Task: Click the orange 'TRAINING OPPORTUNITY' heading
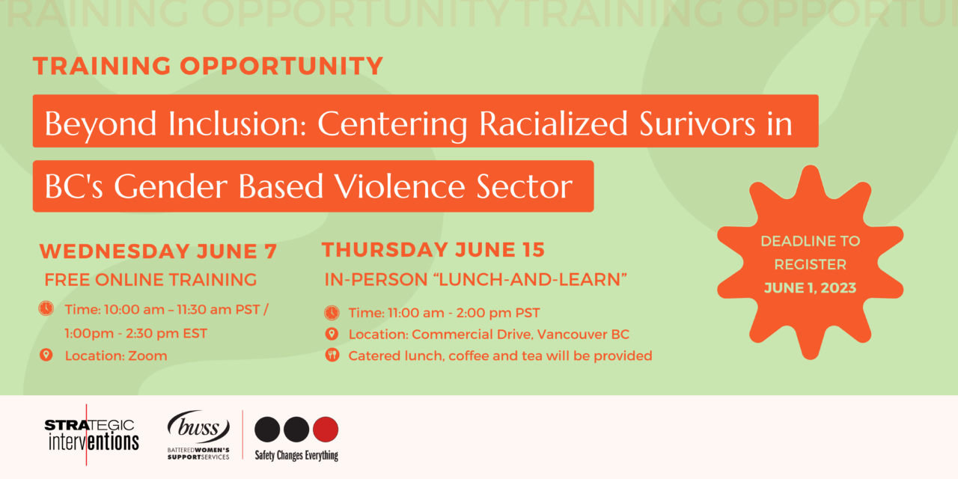(208, 66)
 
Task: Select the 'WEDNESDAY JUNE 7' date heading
(158, 251)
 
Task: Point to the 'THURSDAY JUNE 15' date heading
(433, 249)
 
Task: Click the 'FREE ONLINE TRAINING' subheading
(150, 280)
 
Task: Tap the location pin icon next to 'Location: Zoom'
(46, 355)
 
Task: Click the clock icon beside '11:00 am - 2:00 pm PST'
(332, 313)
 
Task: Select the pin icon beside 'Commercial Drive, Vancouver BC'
(332, 334)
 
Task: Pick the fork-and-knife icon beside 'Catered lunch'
(332, 356)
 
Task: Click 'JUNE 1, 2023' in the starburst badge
(810, 287)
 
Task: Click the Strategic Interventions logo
(91, 434)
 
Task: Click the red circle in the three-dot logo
(325, 430)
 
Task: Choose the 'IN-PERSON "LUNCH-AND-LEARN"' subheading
(475, 280)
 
